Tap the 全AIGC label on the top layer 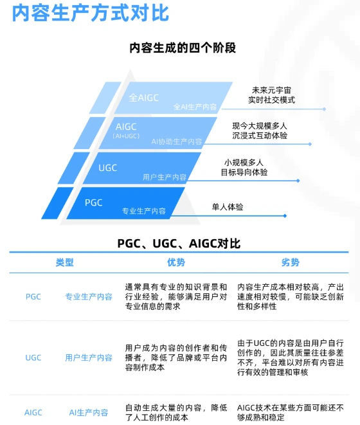pyautogui.click(x=143, y=98)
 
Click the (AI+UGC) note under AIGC pyautogui.click(x=125, y=136)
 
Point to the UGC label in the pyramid pyautogui.click(x=107, y=168)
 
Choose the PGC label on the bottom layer pyautogui.click(x=94, y=203)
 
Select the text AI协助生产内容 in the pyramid pyautogui.click(x=177, y=141)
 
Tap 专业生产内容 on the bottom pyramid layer pyautogui.click(x=144, y=211)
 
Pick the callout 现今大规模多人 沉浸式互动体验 pyautogui.click(x=260, y=131)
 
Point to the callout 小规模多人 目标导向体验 pyautogui.click(x=244, y=167)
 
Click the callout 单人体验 pyautogui.click(x=228, y=207)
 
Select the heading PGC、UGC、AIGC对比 pyautogui.click(x=179, y=244)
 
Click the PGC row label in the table pyautogui.click(x=33, y=296)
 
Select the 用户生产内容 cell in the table pyautogui.click(x=89, y=357)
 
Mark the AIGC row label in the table pyautogui.click(x=33, y=412)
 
